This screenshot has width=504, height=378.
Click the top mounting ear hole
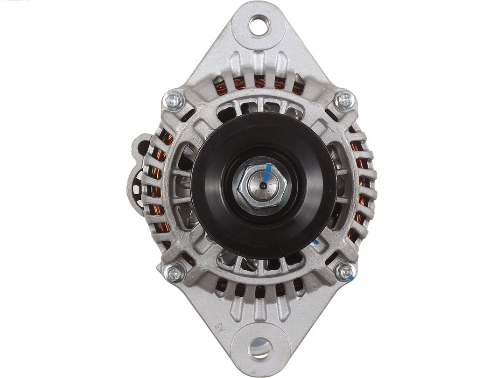[258, 25]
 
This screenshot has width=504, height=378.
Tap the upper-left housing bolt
[174, 100]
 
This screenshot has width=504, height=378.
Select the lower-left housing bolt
[175, 273]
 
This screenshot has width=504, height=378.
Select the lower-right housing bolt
[345, 272]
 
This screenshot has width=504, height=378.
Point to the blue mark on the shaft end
[267, 173]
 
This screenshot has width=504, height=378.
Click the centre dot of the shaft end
[263, 186]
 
